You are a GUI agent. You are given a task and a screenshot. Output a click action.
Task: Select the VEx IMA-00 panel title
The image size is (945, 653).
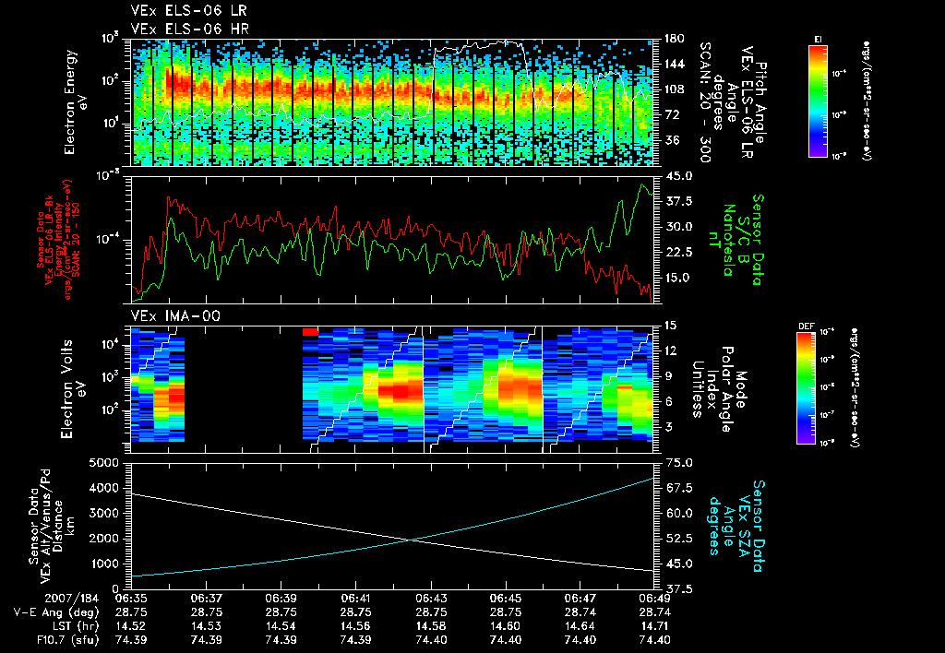[x=167, y=316]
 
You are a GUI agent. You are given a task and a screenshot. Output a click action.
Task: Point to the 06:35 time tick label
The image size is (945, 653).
[x=132, y=598]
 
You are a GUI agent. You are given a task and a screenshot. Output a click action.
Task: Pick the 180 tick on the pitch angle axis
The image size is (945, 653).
[x=674, y=38]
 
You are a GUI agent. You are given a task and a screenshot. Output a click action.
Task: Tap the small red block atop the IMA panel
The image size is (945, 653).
[x=310, y=330]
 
